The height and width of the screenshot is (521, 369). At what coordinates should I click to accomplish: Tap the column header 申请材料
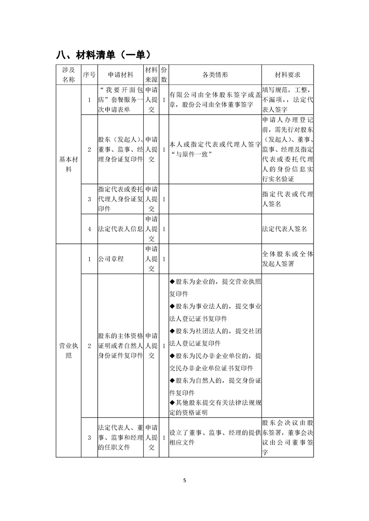coord(120,75)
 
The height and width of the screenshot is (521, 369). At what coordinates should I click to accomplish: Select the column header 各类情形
coord(215,75)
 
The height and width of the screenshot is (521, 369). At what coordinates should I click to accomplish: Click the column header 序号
coord(89,75)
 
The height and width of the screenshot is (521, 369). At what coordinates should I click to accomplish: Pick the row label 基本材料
coord(68,164)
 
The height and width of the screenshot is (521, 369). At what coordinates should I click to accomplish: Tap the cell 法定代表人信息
coord(120,229)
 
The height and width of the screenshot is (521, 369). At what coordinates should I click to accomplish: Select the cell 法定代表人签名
coord(284,229)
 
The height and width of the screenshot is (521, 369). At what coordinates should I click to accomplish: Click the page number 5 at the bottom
coord(184,480)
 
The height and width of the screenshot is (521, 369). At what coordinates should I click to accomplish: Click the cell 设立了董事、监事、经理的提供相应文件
coord(215,437)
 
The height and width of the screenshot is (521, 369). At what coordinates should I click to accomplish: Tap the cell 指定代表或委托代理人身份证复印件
coord(120,199)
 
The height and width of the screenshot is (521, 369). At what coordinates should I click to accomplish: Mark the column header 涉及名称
coord(68,75)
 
